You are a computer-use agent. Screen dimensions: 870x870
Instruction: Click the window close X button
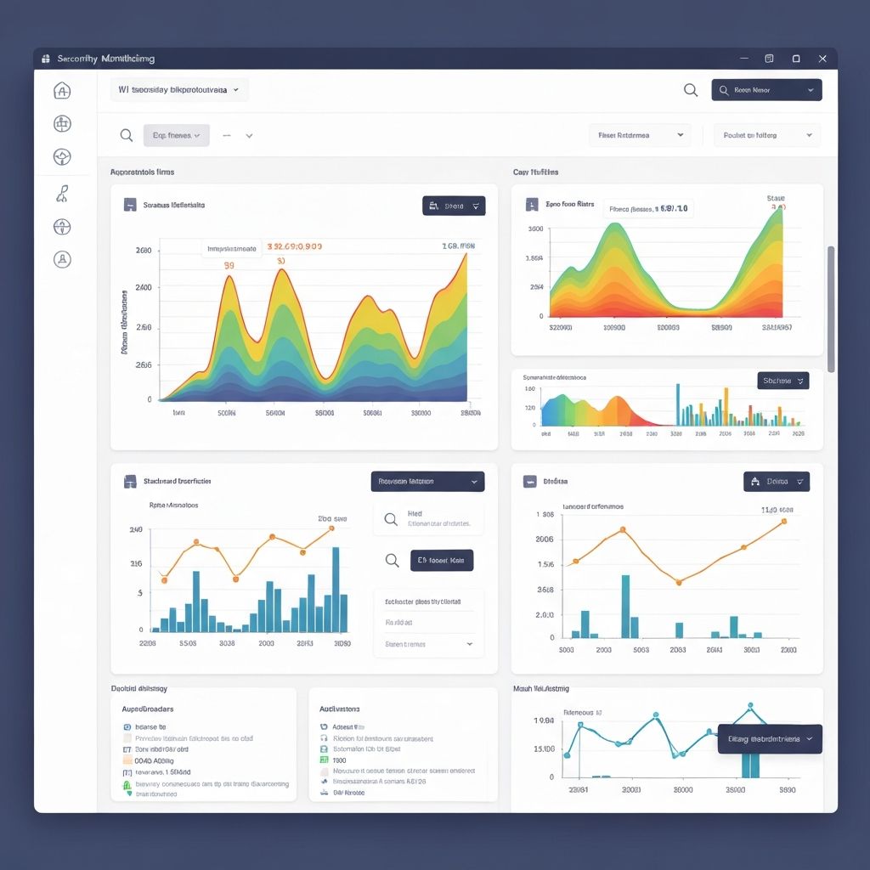coord(822,59)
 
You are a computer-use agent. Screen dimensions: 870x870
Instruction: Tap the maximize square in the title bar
coord(796,59)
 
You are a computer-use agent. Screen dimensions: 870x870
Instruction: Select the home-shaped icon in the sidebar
coord(62,91)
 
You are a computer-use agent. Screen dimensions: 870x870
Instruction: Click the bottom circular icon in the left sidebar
coord(62,259)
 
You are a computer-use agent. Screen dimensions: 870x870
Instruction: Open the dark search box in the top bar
coord(766,90)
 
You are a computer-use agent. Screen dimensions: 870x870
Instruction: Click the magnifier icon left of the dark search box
coord(691,90)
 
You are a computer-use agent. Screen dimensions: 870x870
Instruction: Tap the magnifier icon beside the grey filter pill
coord(127,135)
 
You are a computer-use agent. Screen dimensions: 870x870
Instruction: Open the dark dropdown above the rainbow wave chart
coord(454,206)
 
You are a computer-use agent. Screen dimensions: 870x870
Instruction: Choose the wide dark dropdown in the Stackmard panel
coord(427,482)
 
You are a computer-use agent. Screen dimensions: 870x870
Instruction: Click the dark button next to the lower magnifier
coord(442,561)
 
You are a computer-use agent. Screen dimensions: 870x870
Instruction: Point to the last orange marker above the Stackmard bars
coord(331,528)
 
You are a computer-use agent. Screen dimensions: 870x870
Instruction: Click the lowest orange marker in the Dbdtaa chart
coord(678,582)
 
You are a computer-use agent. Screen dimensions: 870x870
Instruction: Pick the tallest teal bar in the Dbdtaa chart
coord(625,606)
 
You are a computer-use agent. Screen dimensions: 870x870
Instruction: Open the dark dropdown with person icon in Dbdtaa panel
coord(777,482)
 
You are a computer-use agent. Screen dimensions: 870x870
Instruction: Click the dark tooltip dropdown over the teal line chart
coord(770,739)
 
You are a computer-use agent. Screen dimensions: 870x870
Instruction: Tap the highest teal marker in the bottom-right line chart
coord(750,706)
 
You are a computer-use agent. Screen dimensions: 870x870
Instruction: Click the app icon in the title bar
coord(45,59)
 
